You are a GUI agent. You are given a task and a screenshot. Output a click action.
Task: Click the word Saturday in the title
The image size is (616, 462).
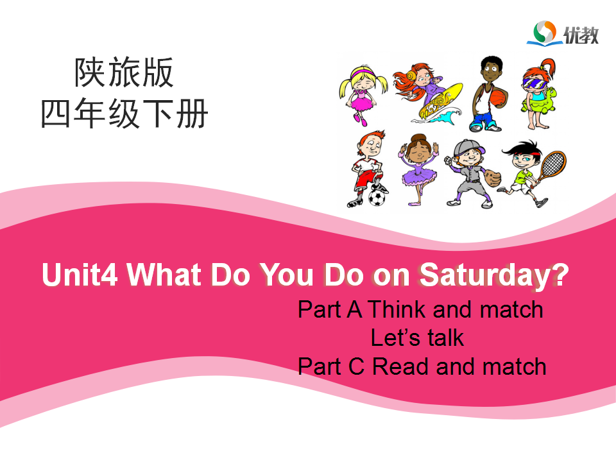(x=486, y=275)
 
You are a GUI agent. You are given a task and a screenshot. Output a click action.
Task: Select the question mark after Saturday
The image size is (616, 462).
(x=561, y=273)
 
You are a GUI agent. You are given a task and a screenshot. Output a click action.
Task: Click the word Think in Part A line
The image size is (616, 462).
(x=397, y=309)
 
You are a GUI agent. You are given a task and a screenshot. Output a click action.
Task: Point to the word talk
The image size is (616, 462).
(x=445, y=338)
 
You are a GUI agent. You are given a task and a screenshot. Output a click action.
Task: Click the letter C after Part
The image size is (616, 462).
(x=356, y=366)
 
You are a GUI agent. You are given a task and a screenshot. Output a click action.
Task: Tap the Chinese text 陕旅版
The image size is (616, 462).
(x=124, y=73)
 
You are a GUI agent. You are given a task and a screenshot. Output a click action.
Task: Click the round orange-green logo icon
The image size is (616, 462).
(x=545, y=32)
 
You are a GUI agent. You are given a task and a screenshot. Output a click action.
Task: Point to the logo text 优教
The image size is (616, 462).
(x=581, y=35)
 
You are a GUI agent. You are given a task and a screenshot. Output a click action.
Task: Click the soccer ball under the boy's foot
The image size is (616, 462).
(x=377, y=198)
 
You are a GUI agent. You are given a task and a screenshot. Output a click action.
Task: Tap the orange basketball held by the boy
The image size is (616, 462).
(x=499, y=98)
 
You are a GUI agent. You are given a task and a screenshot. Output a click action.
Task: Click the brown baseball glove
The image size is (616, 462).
(x=492, y=178)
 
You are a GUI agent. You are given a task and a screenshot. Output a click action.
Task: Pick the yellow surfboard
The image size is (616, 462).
(x=440, y=100)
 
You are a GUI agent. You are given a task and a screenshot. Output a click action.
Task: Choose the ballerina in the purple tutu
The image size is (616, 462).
(x=419, y=169)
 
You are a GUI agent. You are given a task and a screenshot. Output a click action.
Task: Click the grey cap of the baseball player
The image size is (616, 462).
(x=468, y=148)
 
